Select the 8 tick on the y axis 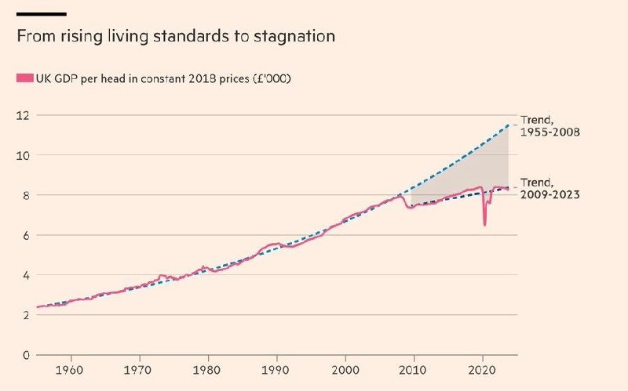[x=24, y=195]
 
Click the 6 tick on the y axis [x=24, y=235]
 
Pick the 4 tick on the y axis [x=24, y=275]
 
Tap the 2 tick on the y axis [x=24, y=315]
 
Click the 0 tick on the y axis [x=24, y=355]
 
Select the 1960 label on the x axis [x=71, y=368]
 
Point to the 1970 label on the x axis [x=139, y=368]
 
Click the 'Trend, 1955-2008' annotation [x=549, y=126]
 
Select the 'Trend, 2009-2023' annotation [x=549, y=188]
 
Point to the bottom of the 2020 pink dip [x=484, y=225]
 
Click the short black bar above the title [x=41, y=14]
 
